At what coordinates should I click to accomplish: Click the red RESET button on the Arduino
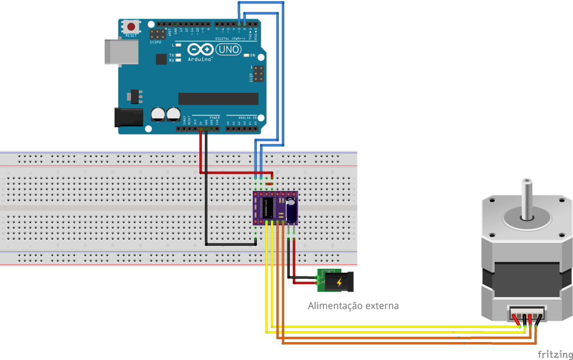131,26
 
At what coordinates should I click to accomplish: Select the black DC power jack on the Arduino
126,116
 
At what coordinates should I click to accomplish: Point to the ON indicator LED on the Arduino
246,55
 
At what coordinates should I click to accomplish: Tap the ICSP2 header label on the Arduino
156,42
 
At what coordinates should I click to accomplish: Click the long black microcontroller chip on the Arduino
218,99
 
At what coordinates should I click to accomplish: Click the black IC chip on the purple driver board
269,207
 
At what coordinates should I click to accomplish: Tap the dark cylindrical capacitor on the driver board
291,210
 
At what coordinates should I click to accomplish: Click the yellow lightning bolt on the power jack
339,282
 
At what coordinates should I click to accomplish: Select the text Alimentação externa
353,306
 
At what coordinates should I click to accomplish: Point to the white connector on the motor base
526,314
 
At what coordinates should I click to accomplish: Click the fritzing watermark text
554,354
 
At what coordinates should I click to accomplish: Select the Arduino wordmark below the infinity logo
200,59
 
